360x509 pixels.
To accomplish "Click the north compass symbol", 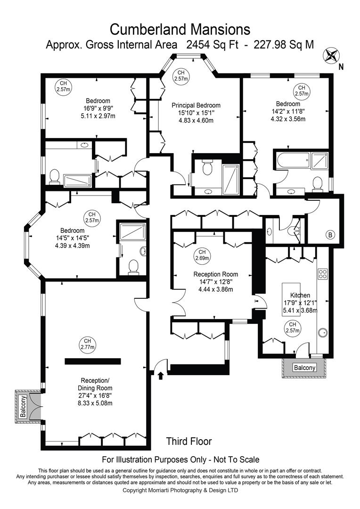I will [x=331, y=55].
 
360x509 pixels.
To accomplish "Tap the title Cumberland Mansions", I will [x=180, y=29].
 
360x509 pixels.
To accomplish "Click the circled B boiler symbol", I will [x=330, y=234].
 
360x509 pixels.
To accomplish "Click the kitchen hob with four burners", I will [x=323, y=274].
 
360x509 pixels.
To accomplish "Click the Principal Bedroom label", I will [x=196, y=105].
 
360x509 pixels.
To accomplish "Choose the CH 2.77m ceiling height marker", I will [x=87, y=344].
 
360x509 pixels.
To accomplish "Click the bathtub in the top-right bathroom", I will [x=292, y=161].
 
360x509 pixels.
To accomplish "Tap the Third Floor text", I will [x=189, y=442].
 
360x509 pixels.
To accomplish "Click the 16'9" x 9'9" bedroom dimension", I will [x=98, y=108].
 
